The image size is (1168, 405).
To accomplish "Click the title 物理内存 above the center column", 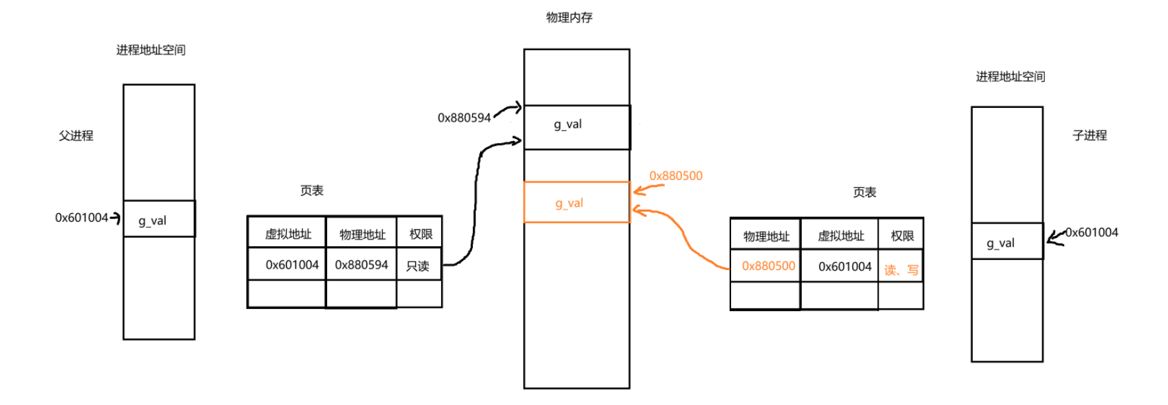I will pos(569,18).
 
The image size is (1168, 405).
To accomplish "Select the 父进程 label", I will pos(76,136).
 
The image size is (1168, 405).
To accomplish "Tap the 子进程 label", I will pos(1089,136).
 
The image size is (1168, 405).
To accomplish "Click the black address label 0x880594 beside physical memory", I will pos(464,118).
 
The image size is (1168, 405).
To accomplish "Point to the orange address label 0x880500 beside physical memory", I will pos(675,176).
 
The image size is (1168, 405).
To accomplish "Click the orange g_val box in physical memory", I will pos(576,202).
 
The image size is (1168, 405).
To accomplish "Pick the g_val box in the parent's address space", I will pos(159,219).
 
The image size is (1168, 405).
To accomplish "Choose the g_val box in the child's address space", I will pos(1006,242).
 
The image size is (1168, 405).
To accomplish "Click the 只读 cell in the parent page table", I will pos(418,265).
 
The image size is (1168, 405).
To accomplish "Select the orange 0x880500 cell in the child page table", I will pos(767,266).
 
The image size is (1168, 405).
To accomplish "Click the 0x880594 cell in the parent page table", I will pos(362,265).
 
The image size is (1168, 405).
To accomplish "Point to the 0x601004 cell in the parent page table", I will pos(291,265).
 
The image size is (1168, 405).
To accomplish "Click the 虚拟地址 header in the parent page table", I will pos(288,234).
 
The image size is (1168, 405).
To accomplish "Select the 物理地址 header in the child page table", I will pos(766,236).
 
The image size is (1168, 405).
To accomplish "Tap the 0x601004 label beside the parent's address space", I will pos(81,218).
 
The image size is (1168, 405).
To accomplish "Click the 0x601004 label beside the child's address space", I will pos(1091,232).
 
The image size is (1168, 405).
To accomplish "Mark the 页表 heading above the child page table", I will pos(864,193).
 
